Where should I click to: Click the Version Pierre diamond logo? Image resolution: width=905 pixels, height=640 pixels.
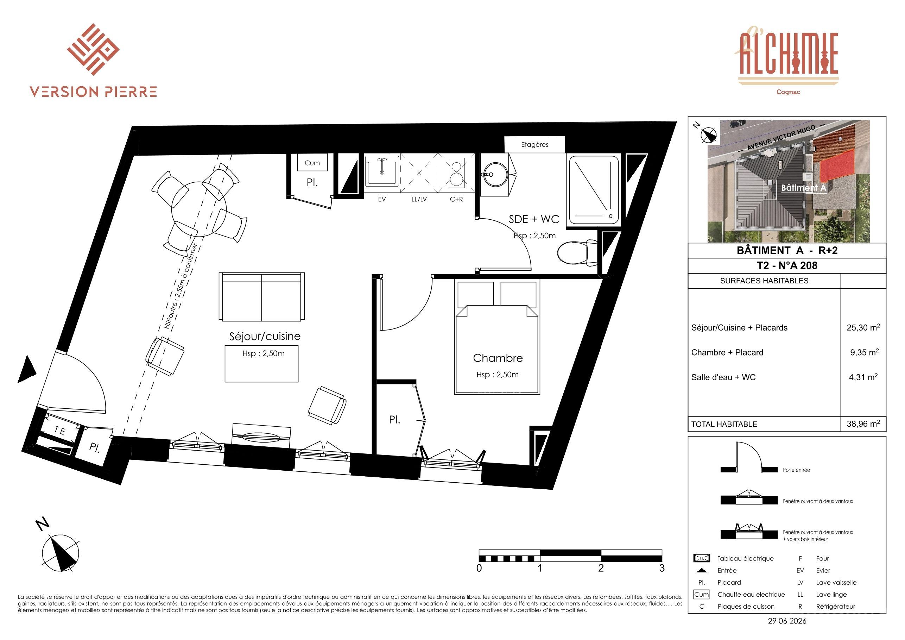pyautogui.click(x=93, y=49)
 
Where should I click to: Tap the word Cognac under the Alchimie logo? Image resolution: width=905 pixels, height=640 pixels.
pyautogui.click(x=788, y=92)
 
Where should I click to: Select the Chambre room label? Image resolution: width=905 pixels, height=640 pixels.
pyautogui.click(x=498, y=358)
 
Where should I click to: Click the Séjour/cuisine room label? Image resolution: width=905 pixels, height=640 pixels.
pyautogui.click(x=265, y=336)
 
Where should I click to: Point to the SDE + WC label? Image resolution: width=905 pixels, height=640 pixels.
pyautogui.click(x=534, y=219)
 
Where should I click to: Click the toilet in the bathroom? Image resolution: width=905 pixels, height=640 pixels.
pyautogui.click(x=577, y=252)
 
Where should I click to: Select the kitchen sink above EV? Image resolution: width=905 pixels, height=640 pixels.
pyautogui.click(x=382, y=171)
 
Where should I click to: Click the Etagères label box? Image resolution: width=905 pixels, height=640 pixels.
pyautogui.click(x=534, y=144)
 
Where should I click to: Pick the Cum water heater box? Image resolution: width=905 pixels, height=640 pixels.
pyautogui.click(x=312, y=163)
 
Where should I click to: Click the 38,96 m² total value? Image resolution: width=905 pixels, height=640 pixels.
pyautogui.click(x=863, y=423)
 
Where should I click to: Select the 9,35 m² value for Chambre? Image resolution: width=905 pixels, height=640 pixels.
pyautogui.click(x=864, y=352)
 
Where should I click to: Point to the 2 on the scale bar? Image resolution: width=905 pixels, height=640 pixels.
pyautogui.click(x=601, y=568)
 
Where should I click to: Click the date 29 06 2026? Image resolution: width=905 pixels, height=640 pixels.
pyautogui.click(x=787, y=621)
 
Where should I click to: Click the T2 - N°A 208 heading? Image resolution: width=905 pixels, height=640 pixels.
pyautogui.click(x=787, y=265)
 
